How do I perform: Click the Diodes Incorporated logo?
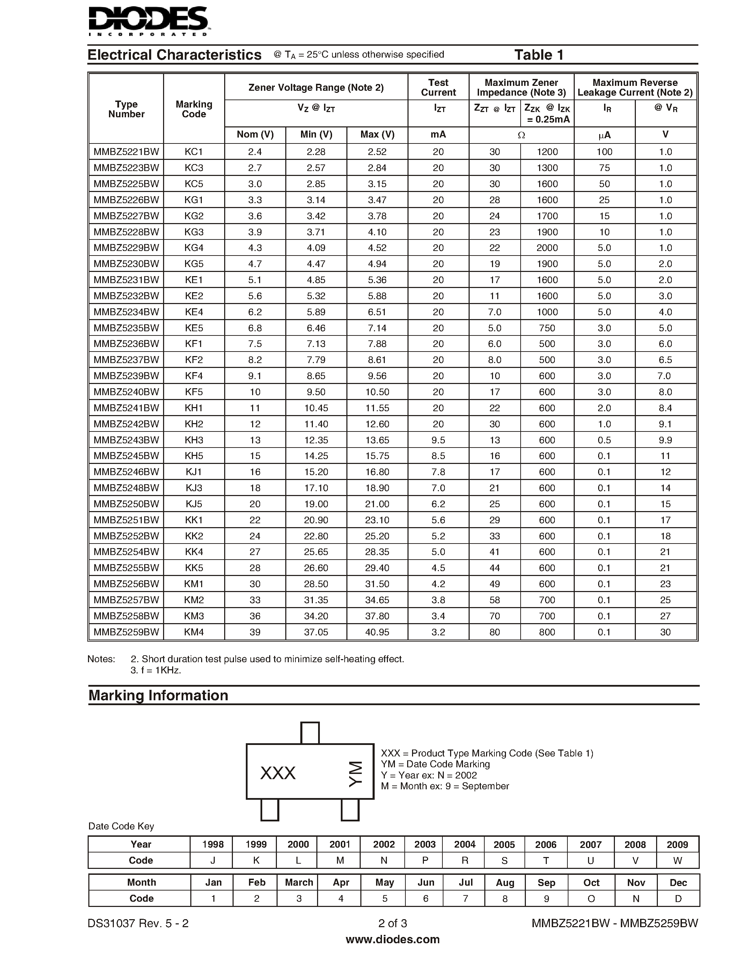(x=149, y=21)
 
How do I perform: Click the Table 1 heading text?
(x=538, y=55)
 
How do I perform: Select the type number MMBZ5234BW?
(x=126, y=312)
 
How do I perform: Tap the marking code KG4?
(x=194, y=248)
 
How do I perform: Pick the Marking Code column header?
(x=194, y=109)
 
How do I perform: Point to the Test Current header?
(x=438, y=88)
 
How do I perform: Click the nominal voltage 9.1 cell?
(x=255, y=376)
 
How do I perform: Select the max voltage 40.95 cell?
(x=377, y=632)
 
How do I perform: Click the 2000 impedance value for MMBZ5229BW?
(x=547, y=248)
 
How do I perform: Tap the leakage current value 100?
(x=604, y=152)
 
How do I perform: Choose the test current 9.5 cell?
(x=438, y=440)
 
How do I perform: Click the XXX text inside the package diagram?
(x=278, y=773)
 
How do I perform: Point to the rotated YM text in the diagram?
(x=355, y=774)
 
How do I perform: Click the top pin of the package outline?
(x=310, y=733)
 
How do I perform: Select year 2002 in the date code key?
(x=384, y=844)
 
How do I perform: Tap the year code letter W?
(x=677, y=861)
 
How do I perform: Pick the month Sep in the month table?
(x=546, y=883)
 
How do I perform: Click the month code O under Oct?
(x=591, y=899)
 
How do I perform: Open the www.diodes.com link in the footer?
(x=392, y=939)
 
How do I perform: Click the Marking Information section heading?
(x=158, y=695)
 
